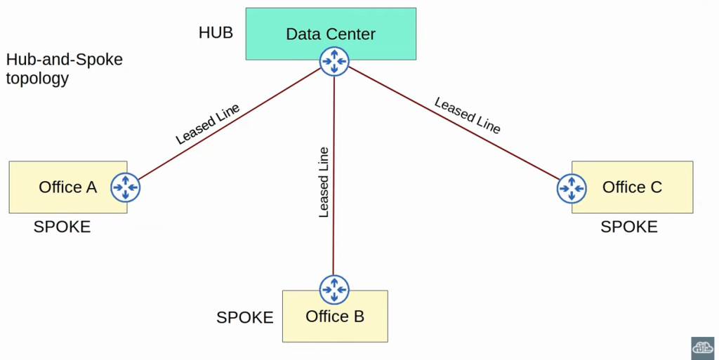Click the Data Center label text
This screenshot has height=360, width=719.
point(330,34)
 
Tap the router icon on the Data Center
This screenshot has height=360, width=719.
point(334,62)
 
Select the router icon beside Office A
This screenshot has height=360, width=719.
point(126,187)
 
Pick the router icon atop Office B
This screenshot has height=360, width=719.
point(334,288)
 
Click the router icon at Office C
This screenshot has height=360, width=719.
point(572,188)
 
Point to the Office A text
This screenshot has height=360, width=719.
point(67,187)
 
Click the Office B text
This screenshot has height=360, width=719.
point(335,316)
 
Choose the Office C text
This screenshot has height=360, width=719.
point(632,187)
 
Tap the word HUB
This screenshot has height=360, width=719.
point(216,33)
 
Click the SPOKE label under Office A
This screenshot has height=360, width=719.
point(62,227)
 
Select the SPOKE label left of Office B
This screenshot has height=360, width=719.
point(244,318)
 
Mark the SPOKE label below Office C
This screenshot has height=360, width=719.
point(628,227)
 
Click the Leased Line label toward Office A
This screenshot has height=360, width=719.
point(207,124)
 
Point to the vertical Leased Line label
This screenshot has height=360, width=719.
point(324,182)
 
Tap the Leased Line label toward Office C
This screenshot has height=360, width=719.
point(468,115)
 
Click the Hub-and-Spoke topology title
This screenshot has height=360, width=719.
point(64,69)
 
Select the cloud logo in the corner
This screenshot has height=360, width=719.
point(702,347)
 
